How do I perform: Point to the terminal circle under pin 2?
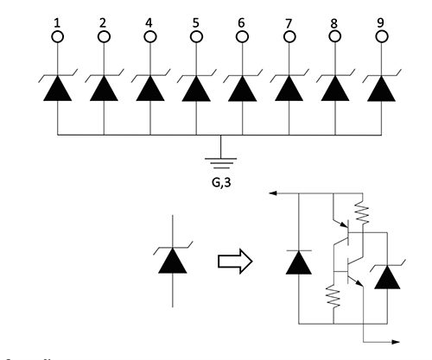pos(105,37)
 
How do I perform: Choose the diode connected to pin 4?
pos(150,87)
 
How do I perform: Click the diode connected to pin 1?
pos(58,87)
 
